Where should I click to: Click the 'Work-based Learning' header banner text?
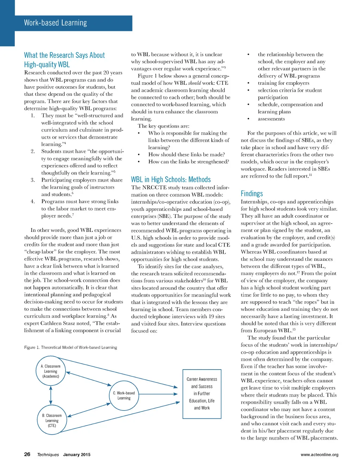pyautogui.click(x=55, y=23)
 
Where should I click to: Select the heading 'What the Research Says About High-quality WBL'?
pyautogui.click(x=64, y=60)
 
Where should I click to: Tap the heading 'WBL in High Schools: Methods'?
pyautogui.click(x=171, y=179)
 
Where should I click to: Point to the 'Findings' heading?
pyautogui.click(x=252, y=194)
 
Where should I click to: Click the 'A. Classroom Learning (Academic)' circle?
pyautogui.click(x=51, y=371)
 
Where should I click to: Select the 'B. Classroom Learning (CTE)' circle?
pyautogui.click(x=52, y=421)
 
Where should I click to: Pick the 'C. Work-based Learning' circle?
pyautogui.click(x=124, y=396)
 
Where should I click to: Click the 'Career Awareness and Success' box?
pyautogui.click(x=202, y=394)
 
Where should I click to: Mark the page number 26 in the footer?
pyautogui.click(x=27, y=454)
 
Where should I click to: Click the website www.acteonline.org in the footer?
pyautogui.click(x=319, y=455)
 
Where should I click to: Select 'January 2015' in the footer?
pyautogui.click(x=77, y=455)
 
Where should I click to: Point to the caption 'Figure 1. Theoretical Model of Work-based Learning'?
pyautogui.click(x=71, y=347)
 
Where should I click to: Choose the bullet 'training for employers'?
pyautogui.click(x=283, y=83)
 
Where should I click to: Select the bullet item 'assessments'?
pyautogui.click(x=271, y=119)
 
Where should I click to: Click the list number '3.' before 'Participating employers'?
pyautogui.click(x=33, y=180)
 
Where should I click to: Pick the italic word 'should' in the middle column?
pyautogui.click(x=194, y=83)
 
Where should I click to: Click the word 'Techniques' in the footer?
pyautogui.click(x=48, y=455)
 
